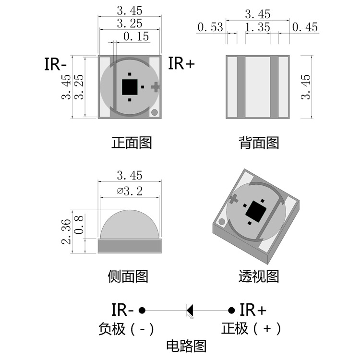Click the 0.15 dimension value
[136, 36]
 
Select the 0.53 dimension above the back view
[210, 27]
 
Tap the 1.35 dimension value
[257, 27]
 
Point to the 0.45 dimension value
[305, 27]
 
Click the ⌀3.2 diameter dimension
[130, 192]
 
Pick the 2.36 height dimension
[66, 231]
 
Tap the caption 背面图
[259, 143]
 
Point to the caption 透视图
[259, 276]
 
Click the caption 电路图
[186, 346]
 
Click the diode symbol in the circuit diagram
[190, 310]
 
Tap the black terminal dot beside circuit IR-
[142, 310]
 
